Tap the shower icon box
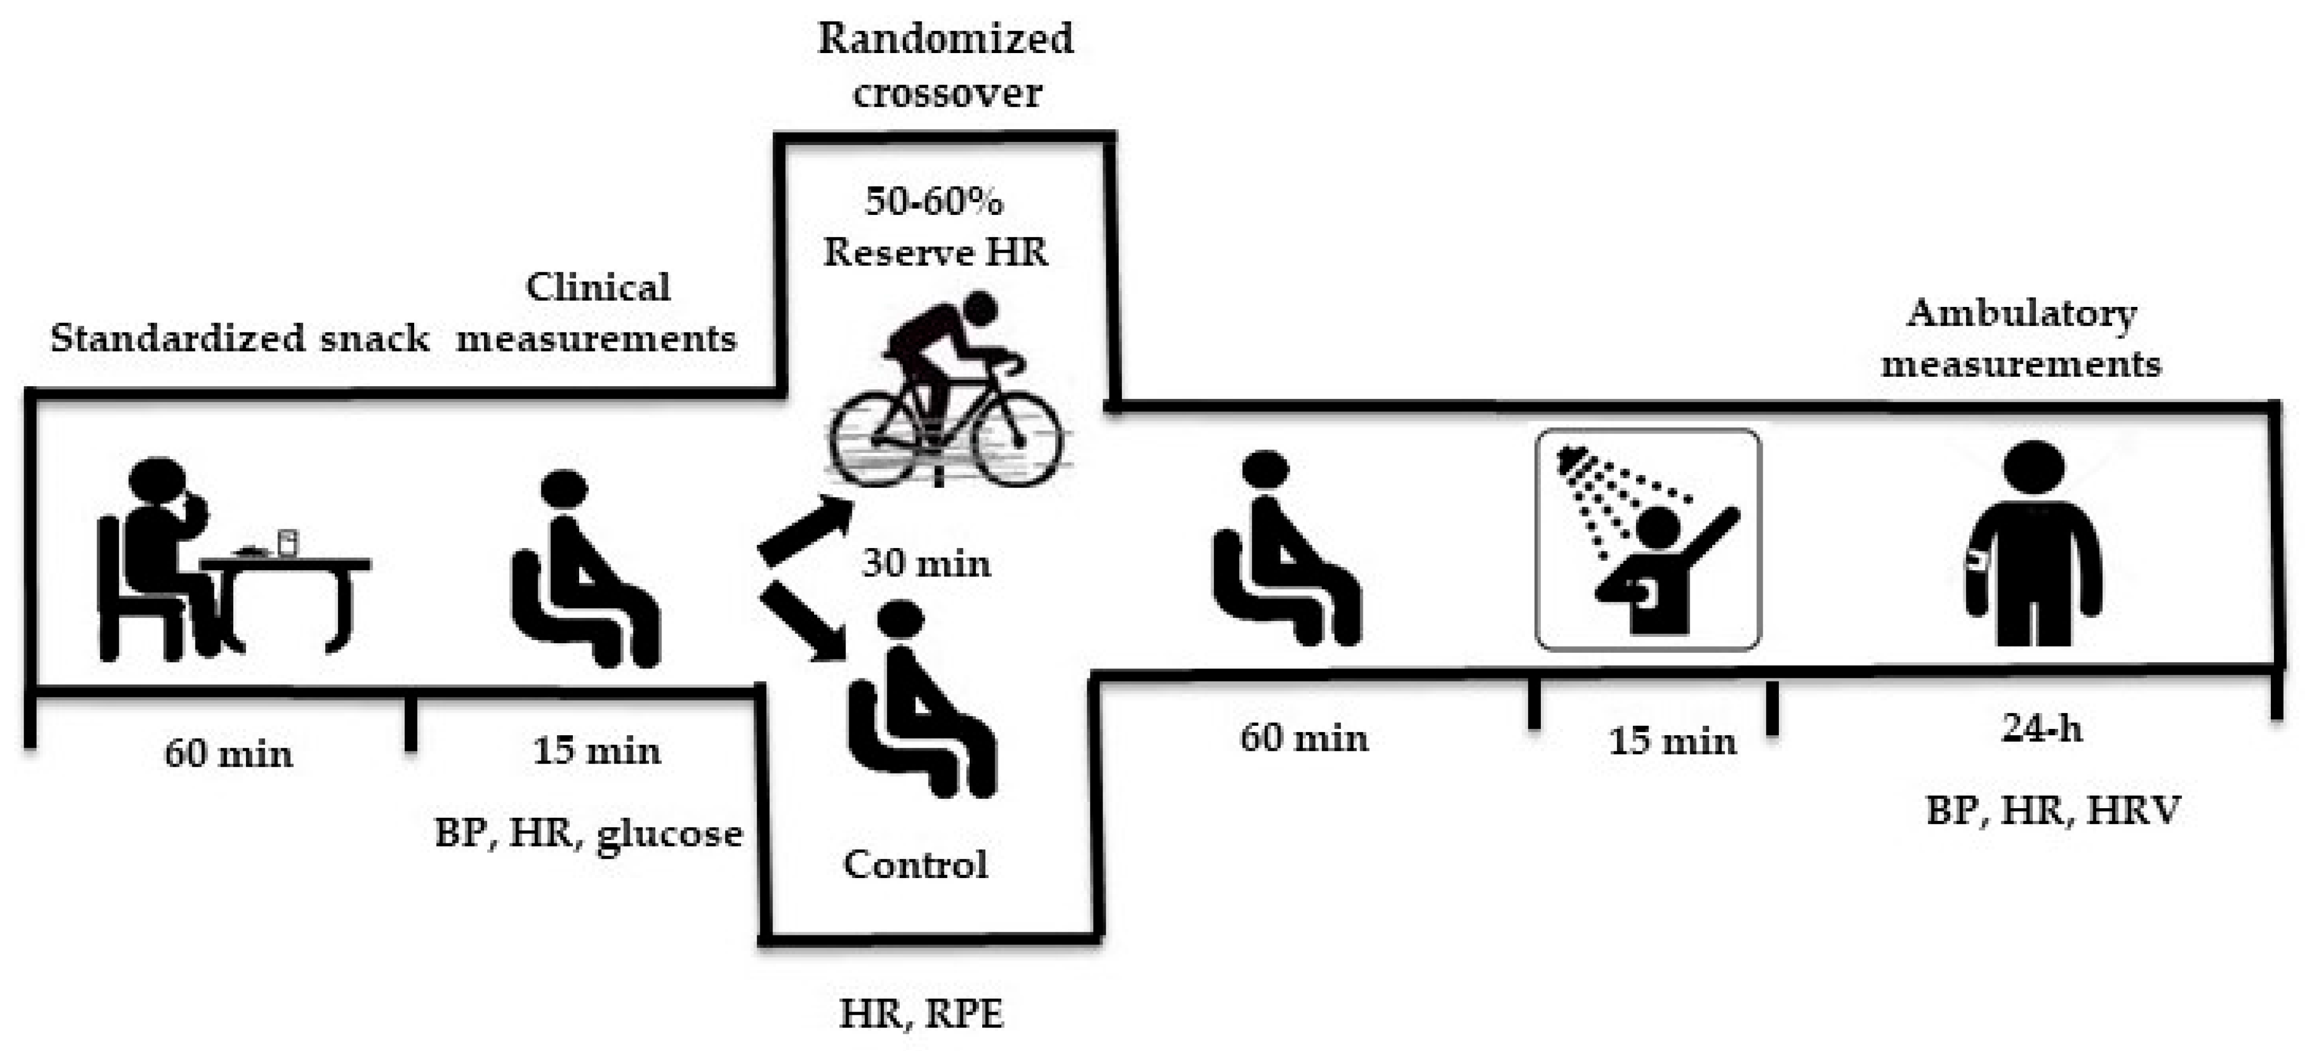tap(1648, 539)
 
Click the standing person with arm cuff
tap(2033, 543)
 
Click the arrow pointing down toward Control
tap(804, 622)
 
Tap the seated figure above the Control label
tap(922, 698)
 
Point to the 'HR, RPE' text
tap(922, 1014)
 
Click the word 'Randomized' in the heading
tap(946, 38)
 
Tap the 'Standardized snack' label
tap(240, 338)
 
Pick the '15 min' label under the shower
tap(1672, 741)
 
